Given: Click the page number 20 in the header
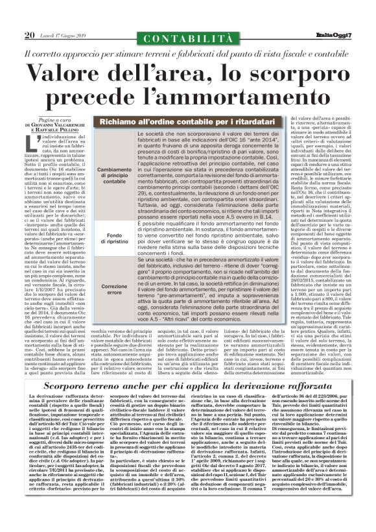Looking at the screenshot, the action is pyautogui.click(x=29, y=34).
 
